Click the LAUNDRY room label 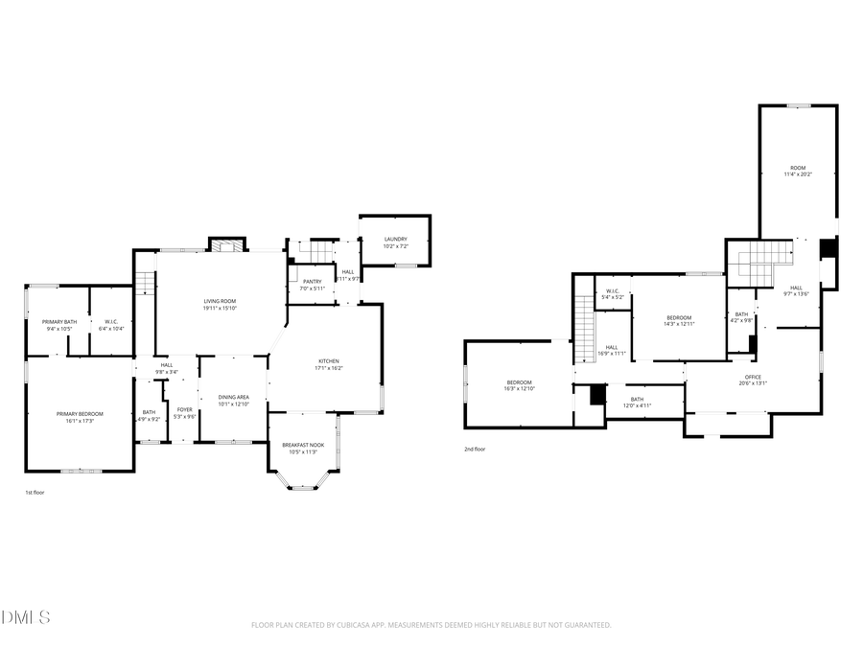pos(396,240)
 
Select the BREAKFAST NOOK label pos(302,445)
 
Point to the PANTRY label pos(312,282)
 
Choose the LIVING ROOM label pos(220,301)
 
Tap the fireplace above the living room pos(227,246)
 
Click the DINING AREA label pos(234,397)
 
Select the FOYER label pos(184,409)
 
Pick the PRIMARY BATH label pos(58,322)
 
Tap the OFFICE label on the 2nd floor pos(753,377)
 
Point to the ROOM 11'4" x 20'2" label pos(798,168)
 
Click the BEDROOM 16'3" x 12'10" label pos(520,384)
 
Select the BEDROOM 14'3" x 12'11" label pos(679,317)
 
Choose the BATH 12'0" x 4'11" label pos(637,400)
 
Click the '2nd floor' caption pos(475,449)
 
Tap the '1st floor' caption pos(35,493)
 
